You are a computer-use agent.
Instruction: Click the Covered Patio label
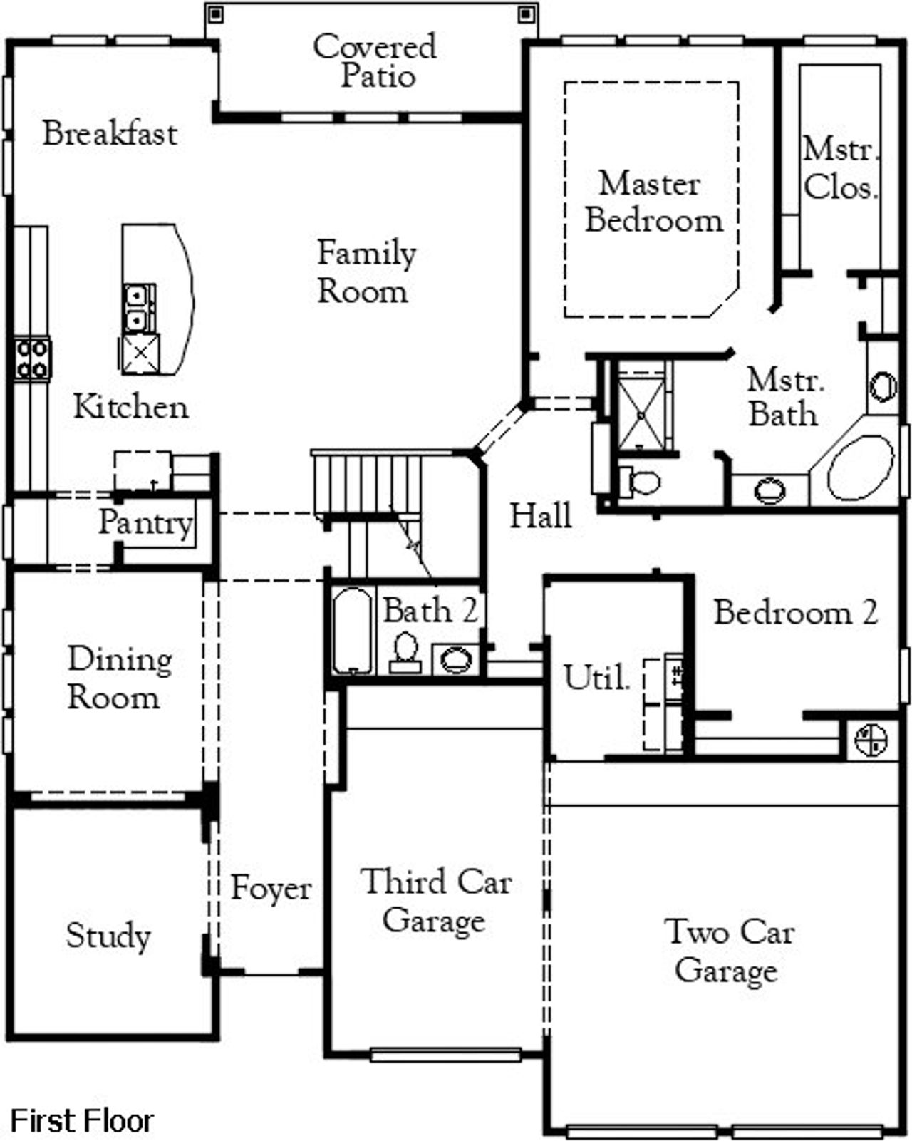click(x=375, y=61)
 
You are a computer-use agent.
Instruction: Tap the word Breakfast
click(x=110, y=134)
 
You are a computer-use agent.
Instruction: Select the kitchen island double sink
click(x=139, y=308)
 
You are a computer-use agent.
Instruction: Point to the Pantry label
click(x=145, y=523)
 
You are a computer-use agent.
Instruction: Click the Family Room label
click(x=366, y=272)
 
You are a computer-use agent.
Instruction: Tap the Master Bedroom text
click(x=653, y=202)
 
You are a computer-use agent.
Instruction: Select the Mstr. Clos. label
click(x=840, y=169)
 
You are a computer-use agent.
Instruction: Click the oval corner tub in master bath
click(x=860, y=468)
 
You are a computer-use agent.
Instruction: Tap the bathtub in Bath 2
click(x=352, y=630)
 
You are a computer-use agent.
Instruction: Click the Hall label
click(x=540, y=516)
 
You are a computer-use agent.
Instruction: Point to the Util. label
click(x=596, y=678)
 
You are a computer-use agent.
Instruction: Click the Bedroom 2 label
click(x=795, y=613)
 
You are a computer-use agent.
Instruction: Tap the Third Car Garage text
click(x=435, y=901)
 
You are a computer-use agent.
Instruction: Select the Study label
click(x=108, y=936)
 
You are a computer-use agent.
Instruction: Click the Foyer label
click(x=271, y=889)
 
